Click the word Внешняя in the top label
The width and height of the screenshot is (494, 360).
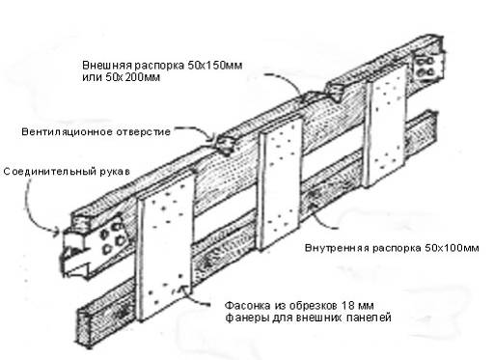(107, 66)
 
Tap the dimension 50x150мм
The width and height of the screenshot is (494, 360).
(214, 66)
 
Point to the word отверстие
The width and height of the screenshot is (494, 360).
(144, 132)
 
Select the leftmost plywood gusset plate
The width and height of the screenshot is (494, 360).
(165, 245)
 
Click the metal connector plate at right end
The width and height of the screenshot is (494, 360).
(428, 67)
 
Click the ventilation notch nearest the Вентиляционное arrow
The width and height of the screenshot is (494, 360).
(227, 145)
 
